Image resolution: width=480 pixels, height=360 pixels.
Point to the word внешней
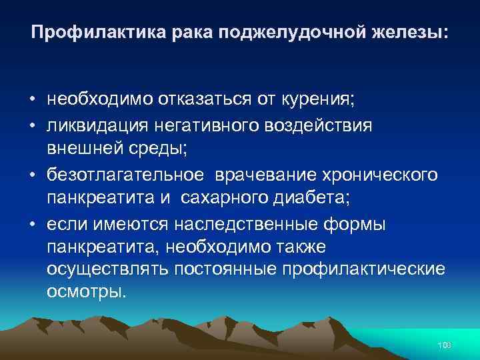79,149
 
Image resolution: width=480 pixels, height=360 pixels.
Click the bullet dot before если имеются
32,224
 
